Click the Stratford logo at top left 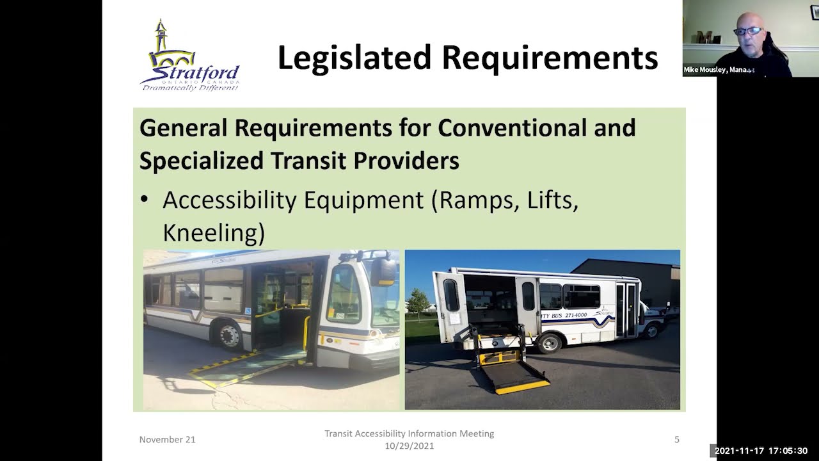click(189, 56)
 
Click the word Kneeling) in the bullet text click(213, 232)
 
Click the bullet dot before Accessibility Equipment click(145, 200)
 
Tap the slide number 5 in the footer click(677, 439)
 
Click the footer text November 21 click(167, 439)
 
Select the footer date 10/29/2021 click(409, 446)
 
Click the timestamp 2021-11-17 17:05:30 click(761, 451)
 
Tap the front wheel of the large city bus click(228, 334)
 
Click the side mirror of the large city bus click(385, 271)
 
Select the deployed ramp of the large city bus click(250, 368)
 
